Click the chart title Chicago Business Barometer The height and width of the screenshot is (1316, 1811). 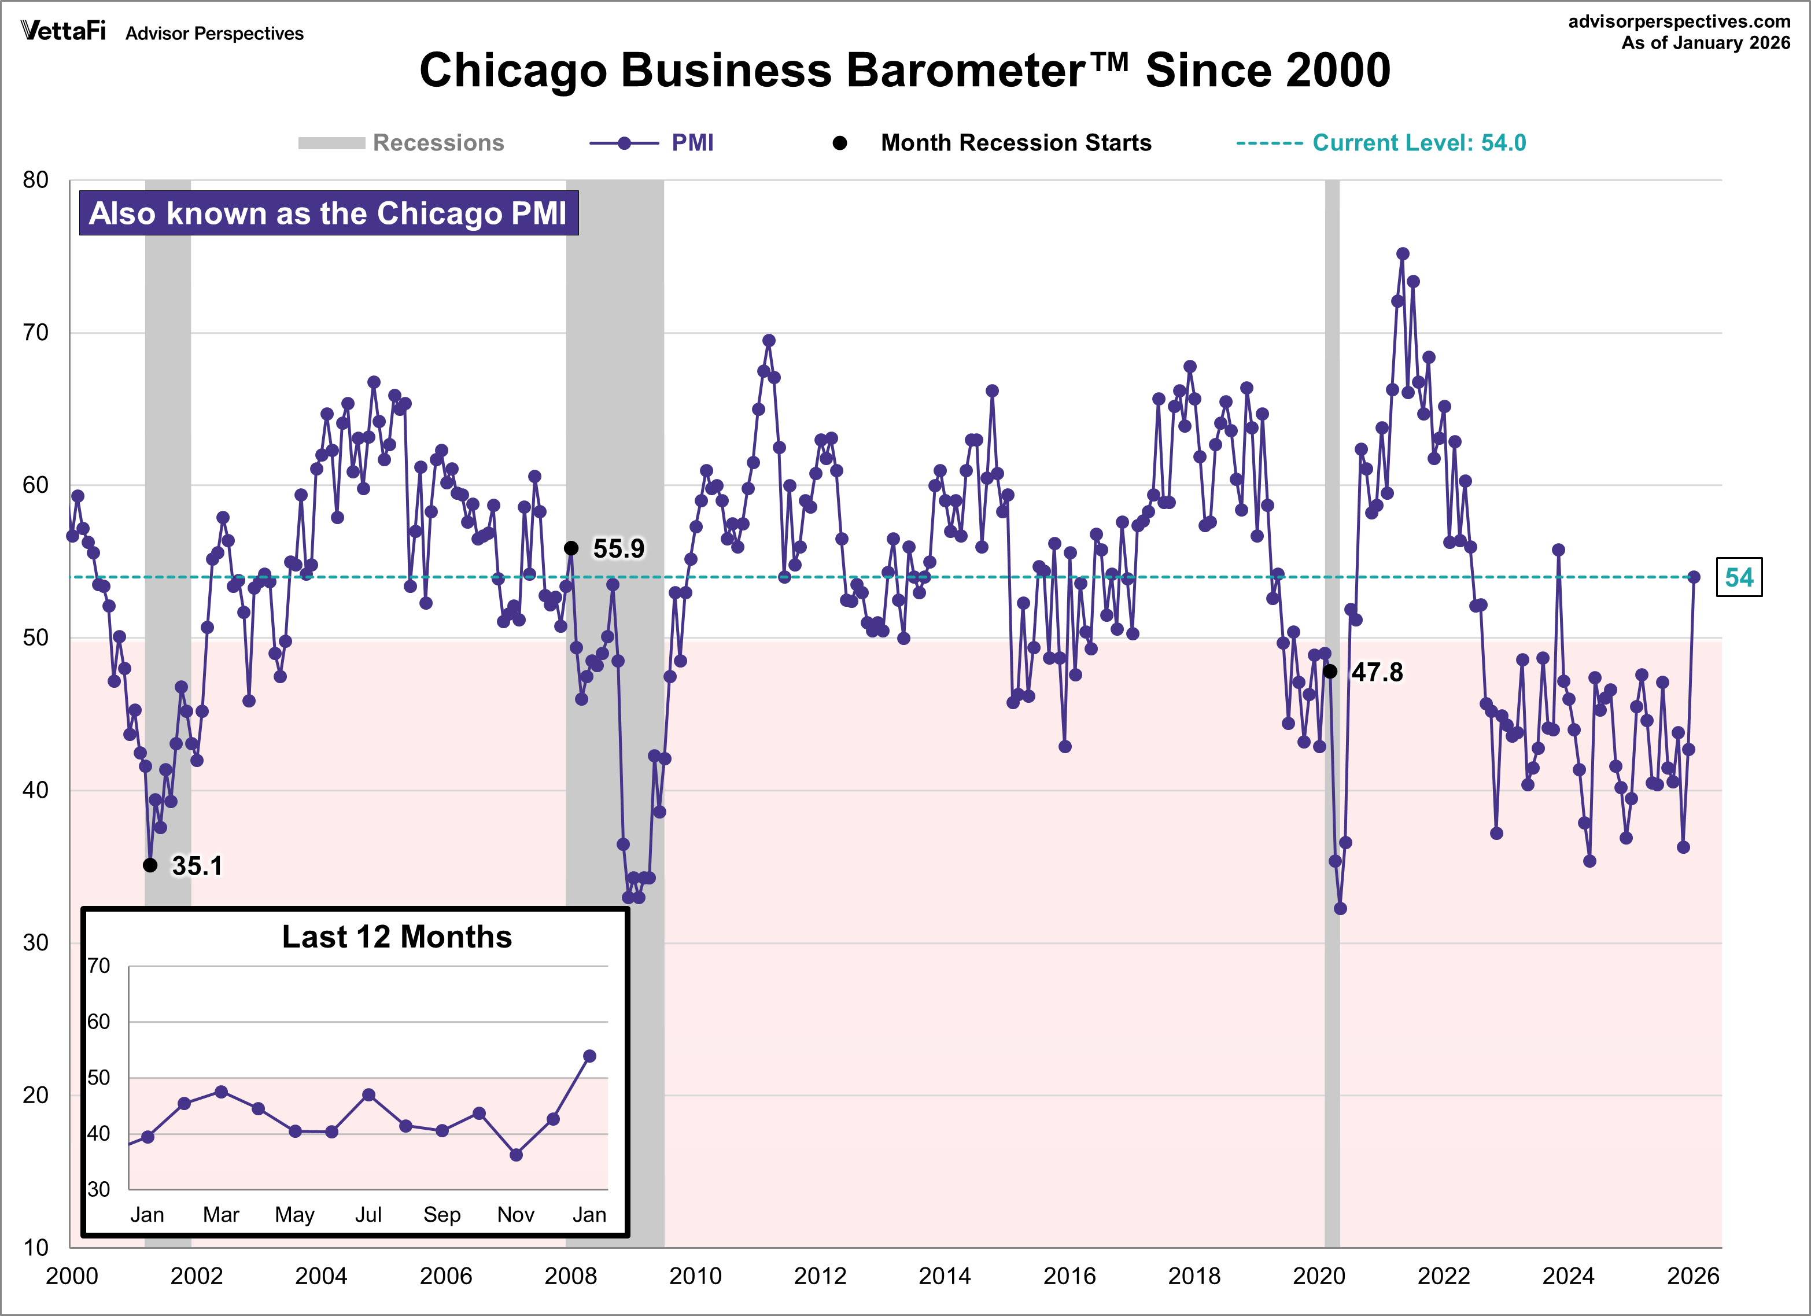(x=904, y=70)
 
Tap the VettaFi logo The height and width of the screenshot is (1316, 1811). (x=63, y=31)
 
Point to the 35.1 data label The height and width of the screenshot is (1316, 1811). (x=197, y=865)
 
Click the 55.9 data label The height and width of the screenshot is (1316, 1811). (x=618, y=548)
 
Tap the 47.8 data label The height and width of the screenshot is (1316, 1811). (x=1377, y=672)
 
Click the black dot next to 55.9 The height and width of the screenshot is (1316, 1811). (x=571, y=548)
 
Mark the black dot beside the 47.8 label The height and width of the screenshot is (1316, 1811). (x=1330, y=672)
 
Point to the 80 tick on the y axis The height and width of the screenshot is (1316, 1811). (x=36, y=180)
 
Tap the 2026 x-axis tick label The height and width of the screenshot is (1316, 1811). (x=1692, y=1276)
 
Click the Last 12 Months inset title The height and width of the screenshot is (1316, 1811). (x=397, y=937)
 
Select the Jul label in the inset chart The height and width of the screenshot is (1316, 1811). (x=368, y=1215)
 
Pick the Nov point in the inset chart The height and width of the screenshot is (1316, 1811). (x=516, y=1155)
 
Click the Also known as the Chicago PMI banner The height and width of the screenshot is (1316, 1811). (x=328, y=213)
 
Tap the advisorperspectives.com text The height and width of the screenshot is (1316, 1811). (x=1679, y=21)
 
